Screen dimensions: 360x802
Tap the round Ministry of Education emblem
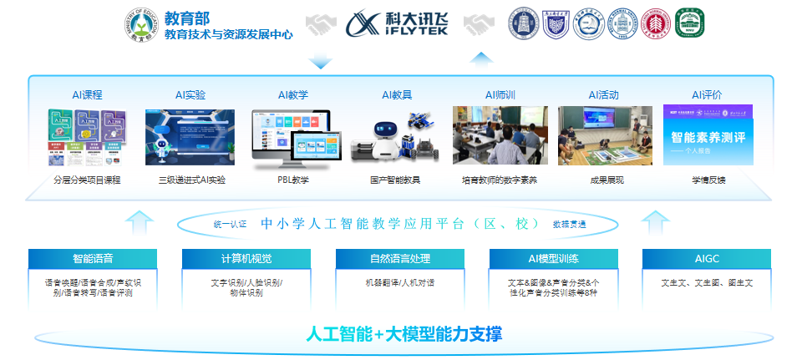(x=140, y=24)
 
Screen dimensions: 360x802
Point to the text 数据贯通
(x=569, y=224)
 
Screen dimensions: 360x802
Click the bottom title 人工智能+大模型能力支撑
(x=404, y=335)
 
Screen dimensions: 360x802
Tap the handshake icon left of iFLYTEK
(x=319, y=24)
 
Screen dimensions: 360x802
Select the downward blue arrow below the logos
(x=320, y=62)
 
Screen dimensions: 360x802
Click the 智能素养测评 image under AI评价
(x=708, y=135)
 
